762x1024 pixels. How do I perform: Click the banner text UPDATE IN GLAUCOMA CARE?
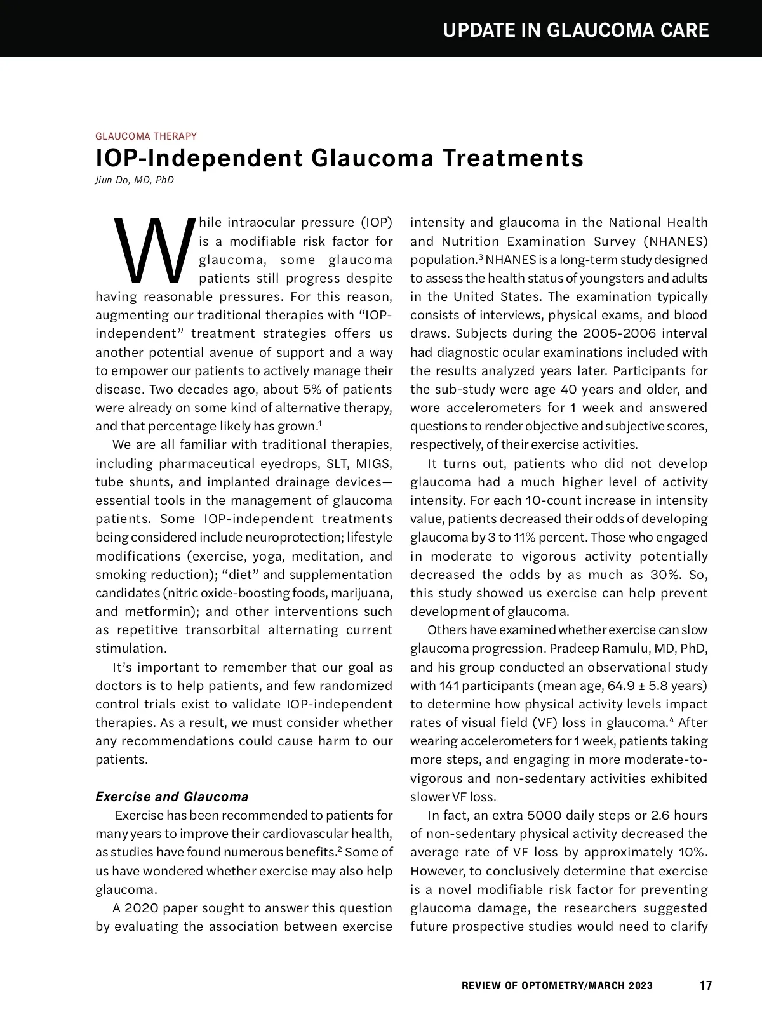(x=575, y=30)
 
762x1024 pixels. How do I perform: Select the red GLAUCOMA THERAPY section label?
(x=145, y=136)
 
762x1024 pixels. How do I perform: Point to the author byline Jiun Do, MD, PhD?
(x=134, y=180)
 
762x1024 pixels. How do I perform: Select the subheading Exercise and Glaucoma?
(x=171, y=797)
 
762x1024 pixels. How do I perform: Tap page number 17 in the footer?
(x=705, y=986)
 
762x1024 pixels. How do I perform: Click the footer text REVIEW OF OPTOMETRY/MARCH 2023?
(x=556, y=986)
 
